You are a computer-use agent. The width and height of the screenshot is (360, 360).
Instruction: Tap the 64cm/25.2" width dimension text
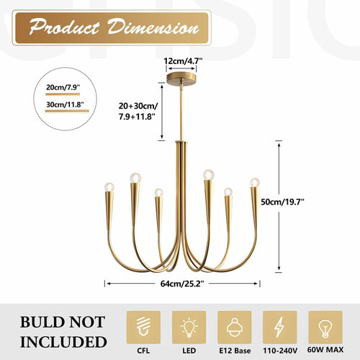point(182,284)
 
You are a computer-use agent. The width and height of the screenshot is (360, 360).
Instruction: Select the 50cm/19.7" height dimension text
point(282,202)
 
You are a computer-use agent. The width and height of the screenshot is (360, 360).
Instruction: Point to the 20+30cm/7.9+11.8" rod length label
point(138,111)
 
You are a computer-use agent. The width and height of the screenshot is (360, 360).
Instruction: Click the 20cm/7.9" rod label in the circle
point(63,87)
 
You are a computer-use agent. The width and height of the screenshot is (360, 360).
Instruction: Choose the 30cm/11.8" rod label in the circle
point(65,104)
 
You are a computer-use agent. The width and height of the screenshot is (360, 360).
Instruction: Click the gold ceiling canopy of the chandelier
point(181,78)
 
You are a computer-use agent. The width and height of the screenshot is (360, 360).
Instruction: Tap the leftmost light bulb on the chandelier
point(109,187)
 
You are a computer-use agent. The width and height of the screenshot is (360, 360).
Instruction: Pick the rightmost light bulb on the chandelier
point(255,182)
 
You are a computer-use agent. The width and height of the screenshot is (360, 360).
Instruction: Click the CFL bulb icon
point(143,328)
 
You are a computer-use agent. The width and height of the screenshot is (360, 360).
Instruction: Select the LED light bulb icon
point(189,328)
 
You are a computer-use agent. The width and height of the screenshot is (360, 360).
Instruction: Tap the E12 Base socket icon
point(235,328)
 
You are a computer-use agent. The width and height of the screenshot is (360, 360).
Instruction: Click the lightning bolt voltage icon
point(279,328)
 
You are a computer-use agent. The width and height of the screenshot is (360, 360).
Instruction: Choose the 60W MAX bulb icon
point(325,328)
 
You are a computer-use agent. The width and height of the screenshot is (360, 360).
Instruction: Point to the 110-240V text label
point(280,351)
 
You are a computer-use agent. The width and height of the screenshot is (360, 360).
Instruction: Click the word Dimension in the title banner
point(153,27)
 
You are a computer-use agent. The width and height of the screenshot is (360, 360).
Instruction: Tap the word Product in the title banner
point(64,27)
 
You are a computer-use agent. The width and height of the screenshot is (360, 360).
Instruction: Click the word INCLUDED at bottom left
point(63,342)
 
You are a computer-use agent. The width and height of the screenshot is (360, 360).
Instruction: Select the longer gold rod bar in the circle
point(67,111)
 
